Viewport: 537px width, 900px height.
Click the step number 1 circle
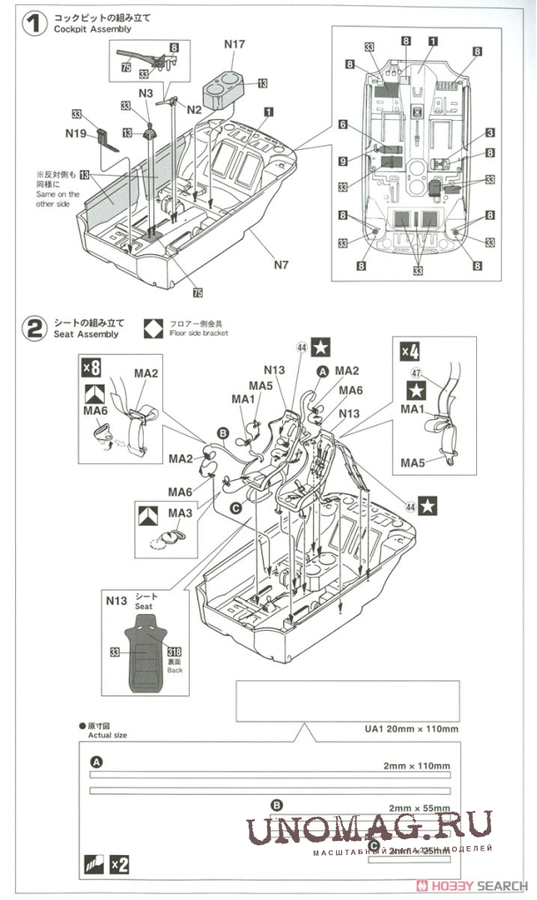[34, 23]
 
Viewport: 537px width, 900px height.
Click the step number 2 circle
[34, 330]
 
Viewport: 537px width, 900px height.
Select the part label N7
[281, 263]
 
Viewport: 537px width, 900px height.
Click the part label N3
[145, 93]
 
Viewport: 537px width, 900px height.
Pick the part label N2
[194, 109]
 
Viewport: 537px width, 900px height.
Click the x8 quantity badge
[93, 365]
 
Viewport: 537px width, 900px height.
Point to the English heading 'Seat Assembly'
[85, 335]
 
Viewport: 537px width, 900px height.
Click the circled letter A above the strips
[96, 762]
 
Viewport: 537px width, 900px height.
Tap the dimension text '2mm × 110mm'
[417, 765]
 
